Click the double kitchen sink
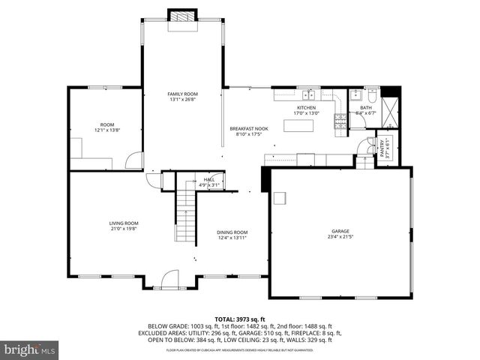pos(308,95)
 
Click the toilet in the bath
pos(372,95)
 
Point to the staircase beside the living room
pos(185,217)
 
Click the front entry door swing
pos(171,280)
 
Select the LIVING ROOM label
pos(124,223)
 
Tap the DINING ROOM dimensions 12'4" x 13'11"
pos(232,238)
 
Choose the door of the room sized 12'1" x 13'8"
pos(134,160)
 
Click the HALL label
pos(210,180)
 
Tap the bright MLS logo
pos(30,349)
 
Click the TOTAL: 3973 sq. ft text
pos(240,319)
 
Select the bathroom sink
pos(355,95)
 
